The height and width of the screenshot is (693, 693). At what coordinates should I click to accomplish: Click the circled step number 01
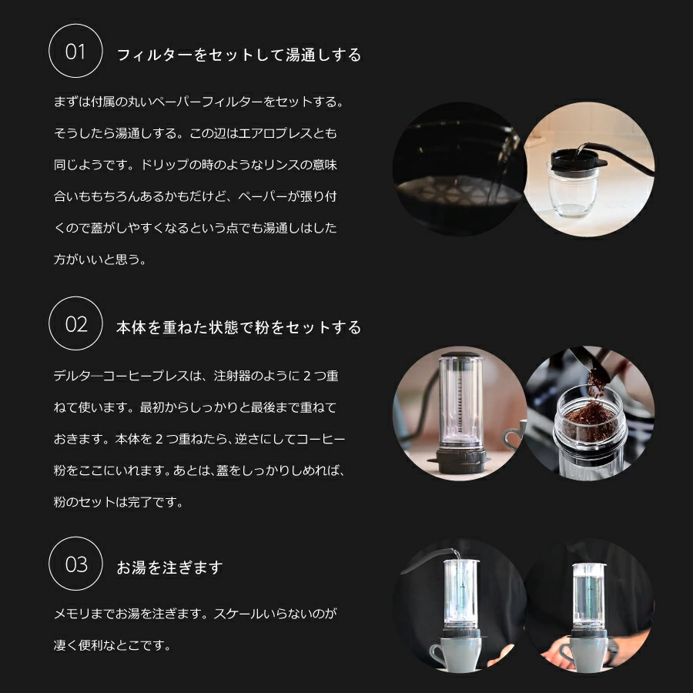(x=75, y=52)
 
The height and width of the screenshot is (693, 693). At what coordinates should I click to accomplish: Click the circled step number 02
(x=75, y=324)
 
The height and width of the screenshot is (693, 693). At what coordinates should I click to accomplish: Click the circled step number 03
(x=75, y=564)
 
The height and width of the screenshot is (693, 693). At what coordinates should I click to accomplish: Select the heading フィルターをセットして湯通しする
(x=239, y=55)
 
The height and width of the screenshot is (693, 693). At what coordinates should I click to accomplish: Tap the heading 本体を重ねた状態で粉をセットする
(x=239, y=327)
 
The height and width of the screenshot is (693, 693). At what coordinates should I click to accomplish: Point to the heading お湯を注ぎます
(x=169, y=567)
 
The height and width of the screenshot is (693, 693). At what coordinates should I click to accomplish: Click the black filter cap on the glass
(x=577, y=159)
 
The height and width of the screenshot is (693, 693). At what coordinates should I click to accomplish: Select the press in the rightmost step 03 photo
(x=589, y=597)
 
